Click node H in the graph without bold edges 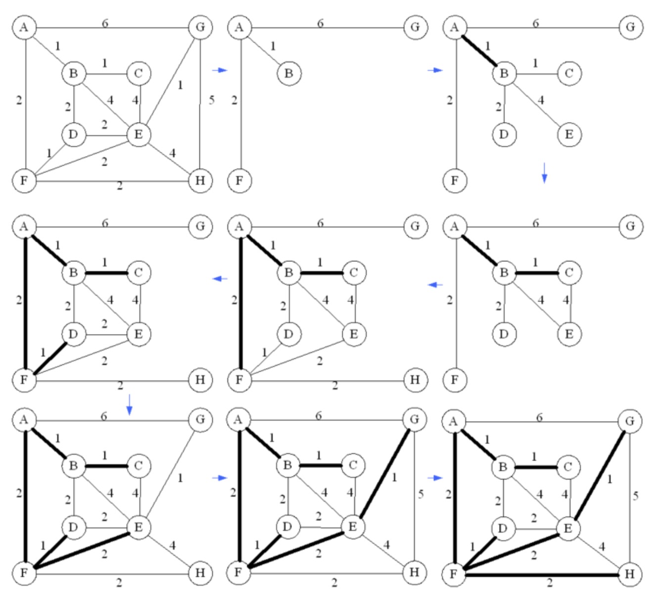click(200, 180)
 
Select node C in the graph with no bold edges click(138, 74)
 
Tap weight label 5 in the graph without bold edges click(212, 100)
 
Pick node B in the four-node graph click(288, 74)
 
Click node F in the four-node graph click(239, 180)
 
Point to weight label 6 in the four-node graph click(321, 23)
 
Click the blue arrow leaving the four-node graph click(435, 70)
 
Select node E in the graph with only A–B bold click(569, 134)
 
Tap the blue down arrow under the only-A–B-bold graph click(544, 172)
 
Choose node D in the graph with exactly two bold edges click(504, 334)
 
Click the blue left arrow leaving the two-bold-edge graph click(436, 284)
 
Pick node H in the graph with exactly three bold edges click(415, 380)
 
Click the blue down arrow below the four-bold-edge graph click(129, 404)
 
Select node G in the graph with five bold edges click(200, 420)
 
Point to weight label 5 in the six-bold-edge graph click(421, 494)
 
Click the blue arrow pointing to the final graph click(435, 478)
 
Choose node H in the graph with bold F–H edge click(629, 575)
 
